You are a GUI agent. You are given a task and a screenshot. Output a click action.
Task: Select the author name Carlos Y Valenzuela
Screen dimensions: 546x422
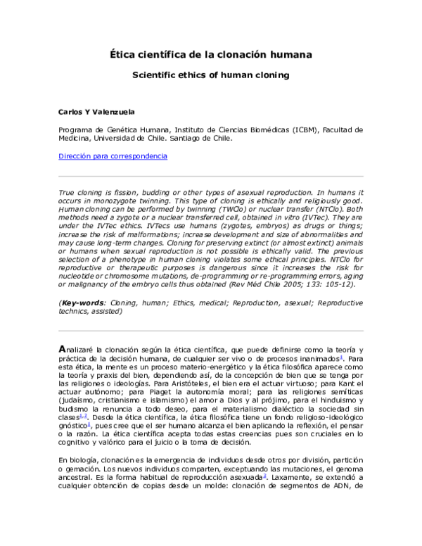click(96, 112)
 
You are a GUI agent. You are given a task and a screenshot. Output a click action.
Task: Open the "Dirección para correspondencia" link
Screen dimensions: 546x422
click(113, 156)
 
